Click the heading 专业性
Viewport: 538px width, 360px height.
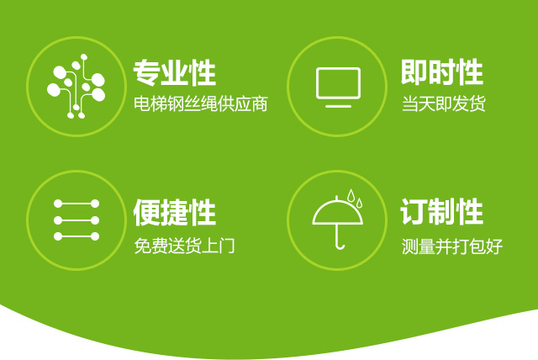point(174,72)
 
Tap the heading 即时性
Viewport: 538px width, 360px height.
point(442,72)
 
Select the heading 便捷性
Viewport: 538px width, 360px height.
point(174,213)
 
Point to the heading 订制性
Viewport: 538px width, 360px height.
point(442,212)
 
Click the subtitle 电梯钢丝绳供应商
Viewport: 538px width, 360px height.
point(201,103)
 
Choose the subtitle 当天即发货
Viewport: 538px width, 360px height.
point(444,103)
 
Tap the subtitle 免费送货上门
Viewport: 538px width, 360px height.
point(184,246)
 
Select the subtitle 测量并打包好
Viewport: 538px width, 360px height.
point(452,246)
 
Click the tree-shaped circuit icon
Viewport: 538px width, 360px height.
point(76,86)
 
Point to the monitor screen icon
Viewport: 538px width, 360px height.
point(338,87)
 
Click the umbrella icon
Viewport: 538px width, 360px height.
point(338,220)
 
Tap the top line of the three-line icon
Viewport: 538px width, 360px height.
point(76,204)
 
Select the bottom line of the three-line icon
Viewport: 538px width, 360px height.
point(76,236)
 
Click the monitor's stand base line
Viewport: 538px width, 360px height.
point(338,106)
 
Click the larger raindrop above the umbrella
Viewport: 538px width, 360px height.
point(351,195)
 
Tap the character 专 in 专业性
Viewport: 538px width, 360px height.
point(147,72)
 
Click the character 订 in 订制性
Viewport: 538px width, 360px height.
point(414,212)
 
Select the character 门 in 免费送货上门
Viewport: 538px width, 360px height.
point(226,246)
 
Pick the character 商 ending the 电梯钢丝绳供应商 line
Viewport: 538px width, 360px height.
point(260,103)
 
